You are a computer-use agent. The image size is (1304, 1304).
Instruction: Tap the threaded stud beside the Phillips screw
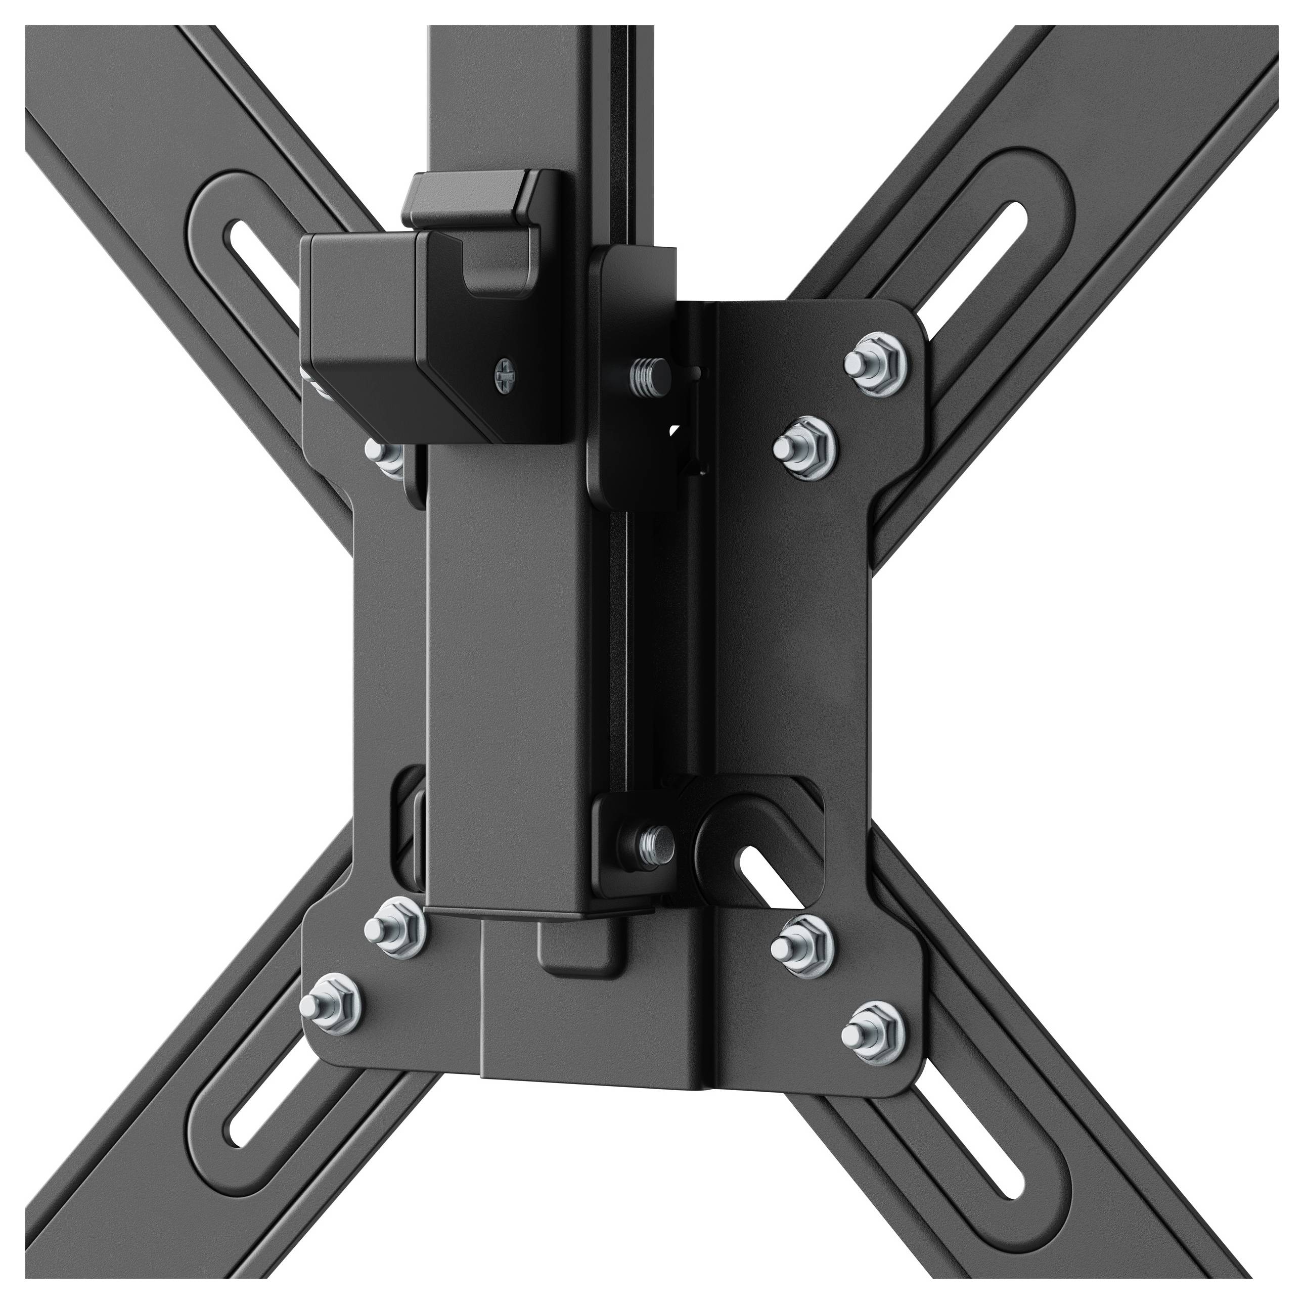pos(647,373)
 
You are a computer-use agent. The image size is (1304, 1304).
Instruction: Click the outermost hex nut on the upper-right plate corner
pos(873,361)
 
